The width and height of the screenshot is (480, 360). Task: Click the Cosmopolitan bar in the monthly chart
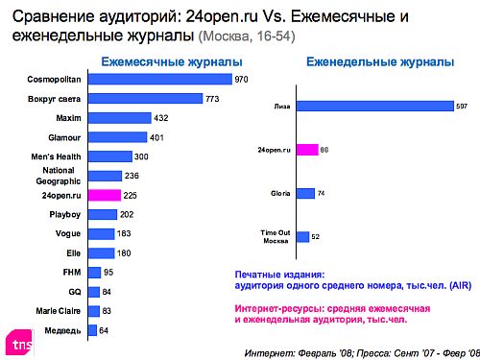pos(158,80)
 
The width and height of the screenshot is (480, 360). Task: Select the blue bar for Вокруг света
pos(144,99)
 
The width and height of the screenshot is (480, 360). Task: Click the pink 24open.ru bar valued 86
pos(306,150)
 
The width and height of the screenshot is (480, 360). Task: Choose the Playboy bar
pos(101,214)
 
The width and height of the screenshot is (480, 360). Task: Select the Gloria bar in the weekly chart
pos(304,193)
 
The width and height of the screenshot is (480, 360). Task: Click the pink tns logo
pos(18,341)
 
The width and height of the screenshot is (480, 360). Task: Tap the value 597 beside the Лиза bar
pos(460,107)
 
